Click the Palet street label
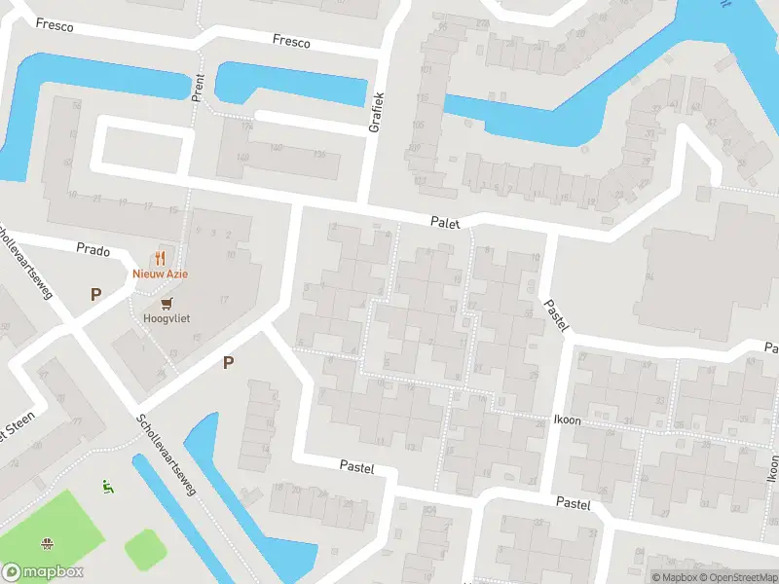coord(445,223)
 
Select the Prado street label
coord(93,249)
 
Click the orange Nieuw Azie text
coord(161,274)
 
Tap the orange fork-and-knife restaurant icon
coord(161,259)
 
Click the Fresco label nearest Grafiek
coord(291,42)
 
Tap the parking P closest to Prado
coord(95,293)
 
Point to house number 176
coord(246,126)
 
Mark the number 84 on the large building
coord(649,276)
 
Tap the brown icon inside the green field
coord(46,542)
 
